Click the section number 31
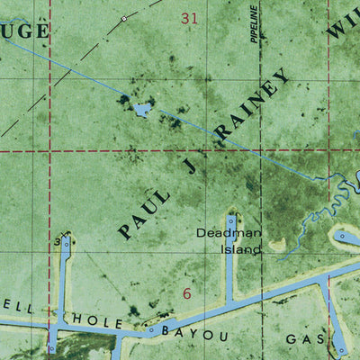point(189,17)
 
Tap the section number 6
point(187,293)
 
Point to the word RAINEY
point(254,106)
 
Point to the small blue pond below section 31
point(141,110)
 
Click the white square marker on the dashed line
point(123,18)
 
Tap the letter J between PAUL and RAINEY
point(189,166)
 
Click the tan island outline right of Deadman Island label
point(277,243)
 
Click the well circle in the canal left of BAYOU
point(152,329)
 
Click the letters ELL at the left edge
point(20,308)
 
